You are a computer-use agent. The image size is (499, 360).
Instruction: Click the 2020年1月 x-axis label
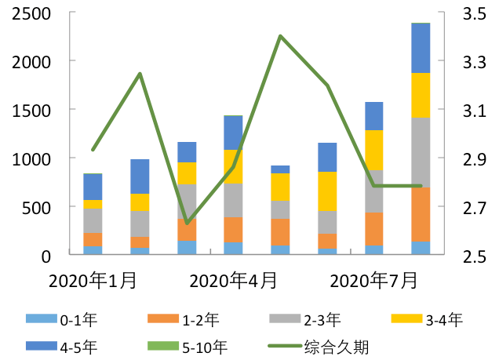92,280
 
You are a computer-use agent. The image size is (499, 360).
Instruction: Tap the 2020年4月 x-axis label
233,280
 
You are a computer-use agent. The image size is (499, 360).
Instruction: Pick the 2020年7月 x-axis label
373,280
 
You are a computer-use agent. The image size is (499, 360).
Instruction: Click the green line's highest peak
280,36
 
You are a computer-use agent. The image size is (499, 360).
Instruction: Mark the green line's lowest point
187,224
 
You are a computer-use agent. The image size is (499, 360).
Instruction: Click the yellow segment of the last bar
421,95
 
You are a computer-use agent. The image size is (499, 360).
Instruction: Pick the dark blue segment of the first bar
93,187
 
